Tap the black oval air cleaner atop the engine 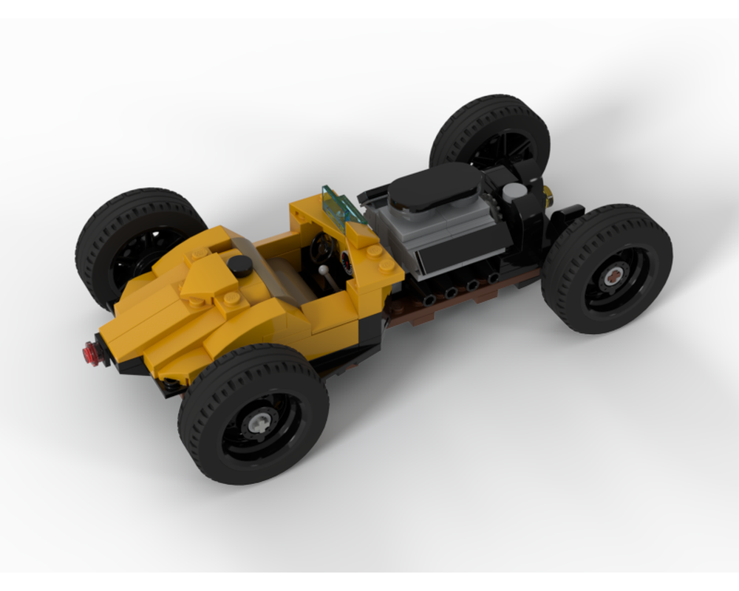point(436,186)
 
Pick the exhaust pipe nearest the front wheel point(492,279)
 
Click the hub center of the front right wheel point(613,277)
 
